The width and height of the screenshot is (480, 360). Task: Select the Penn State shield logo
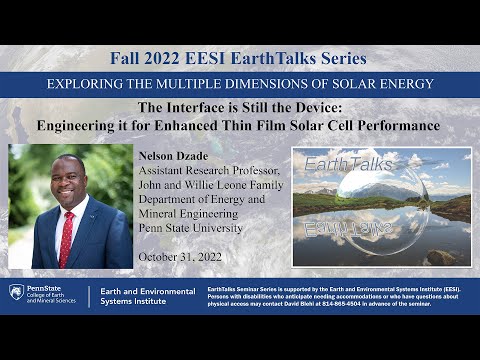pos(16,292)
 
